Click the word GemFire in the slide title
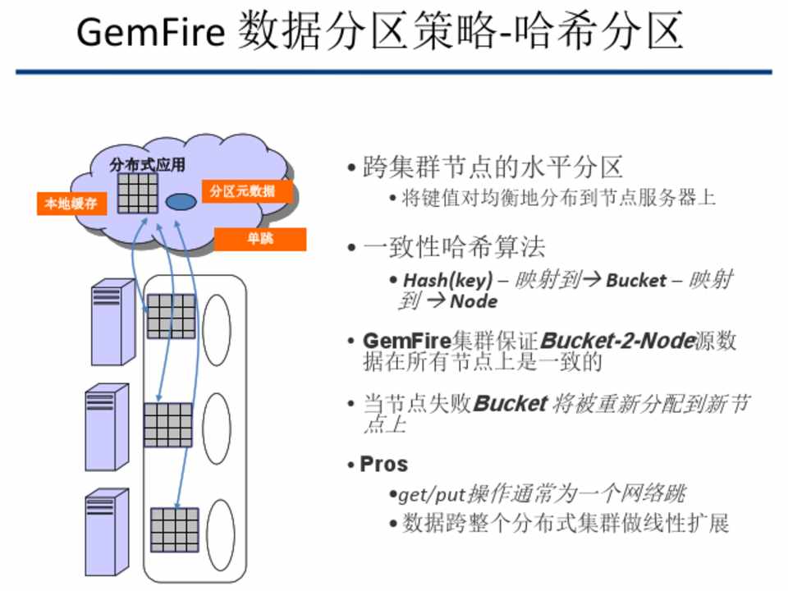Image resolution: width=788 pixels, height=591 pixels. (x=149, y=33)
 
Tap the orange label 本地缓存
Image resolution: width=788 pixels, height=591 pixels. (x=72, y=204)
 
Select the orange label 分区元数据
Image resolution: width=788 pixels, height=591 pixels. (x=241, y=192)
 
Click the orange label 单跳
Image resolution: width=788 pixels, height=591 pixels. (x=260, y=239)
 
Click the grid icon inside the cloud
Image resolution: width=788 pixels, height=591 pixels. (x=137, y=194)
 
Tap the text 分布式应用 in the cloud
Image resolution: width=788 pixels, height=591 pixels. (x=148, y=165)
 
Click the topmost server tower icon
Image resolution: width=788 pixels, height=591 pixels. (x=112, y=321)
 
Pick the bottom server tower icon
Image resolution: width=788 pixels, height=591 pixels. (x=108, y=529)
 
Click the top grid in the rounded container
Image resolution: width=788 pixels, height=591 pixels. (x=171, y=316)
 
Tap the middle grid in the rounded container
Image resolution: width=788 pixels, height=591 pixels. (x=167, y=424)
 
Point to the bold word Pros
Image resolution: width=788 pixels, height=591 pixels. (x=384, y=464)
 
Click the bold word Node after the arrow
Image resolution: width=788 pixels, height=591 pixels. (x=474, y=302)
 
